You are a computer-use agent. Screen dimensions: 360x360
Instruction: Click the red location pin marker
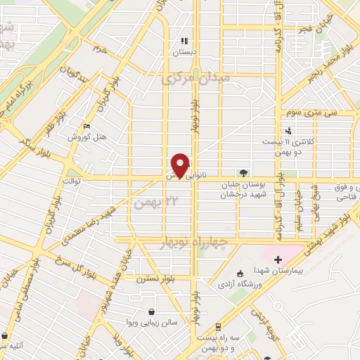[x=181, y=165]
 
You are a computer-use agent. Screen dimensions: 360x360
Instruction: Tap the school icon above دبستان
[x=184, y=41]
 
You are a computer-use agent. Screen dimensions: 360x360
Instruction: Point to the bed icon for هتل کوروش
[x=86, y=126]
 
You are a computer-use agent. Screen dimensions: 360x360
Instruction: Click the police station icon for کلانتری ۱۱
[x=288, y=130]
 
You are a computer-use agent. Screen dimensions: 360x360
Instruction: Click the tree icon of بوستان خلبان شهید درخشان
[x=243, y=172]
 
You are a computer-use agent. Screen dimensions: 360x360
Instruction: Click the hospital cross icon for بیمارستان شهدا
[x=278, y=259]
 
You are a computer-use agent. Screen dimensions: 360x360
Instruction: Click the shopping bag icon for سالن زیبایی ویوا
[x=151, y=311]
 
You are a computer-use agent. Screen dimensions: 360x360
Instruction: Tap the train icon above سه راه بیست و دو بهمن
[x=219, y=326]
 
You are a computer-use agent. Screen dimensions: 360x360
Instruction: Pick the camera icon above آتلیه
[x=6, y=336]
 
